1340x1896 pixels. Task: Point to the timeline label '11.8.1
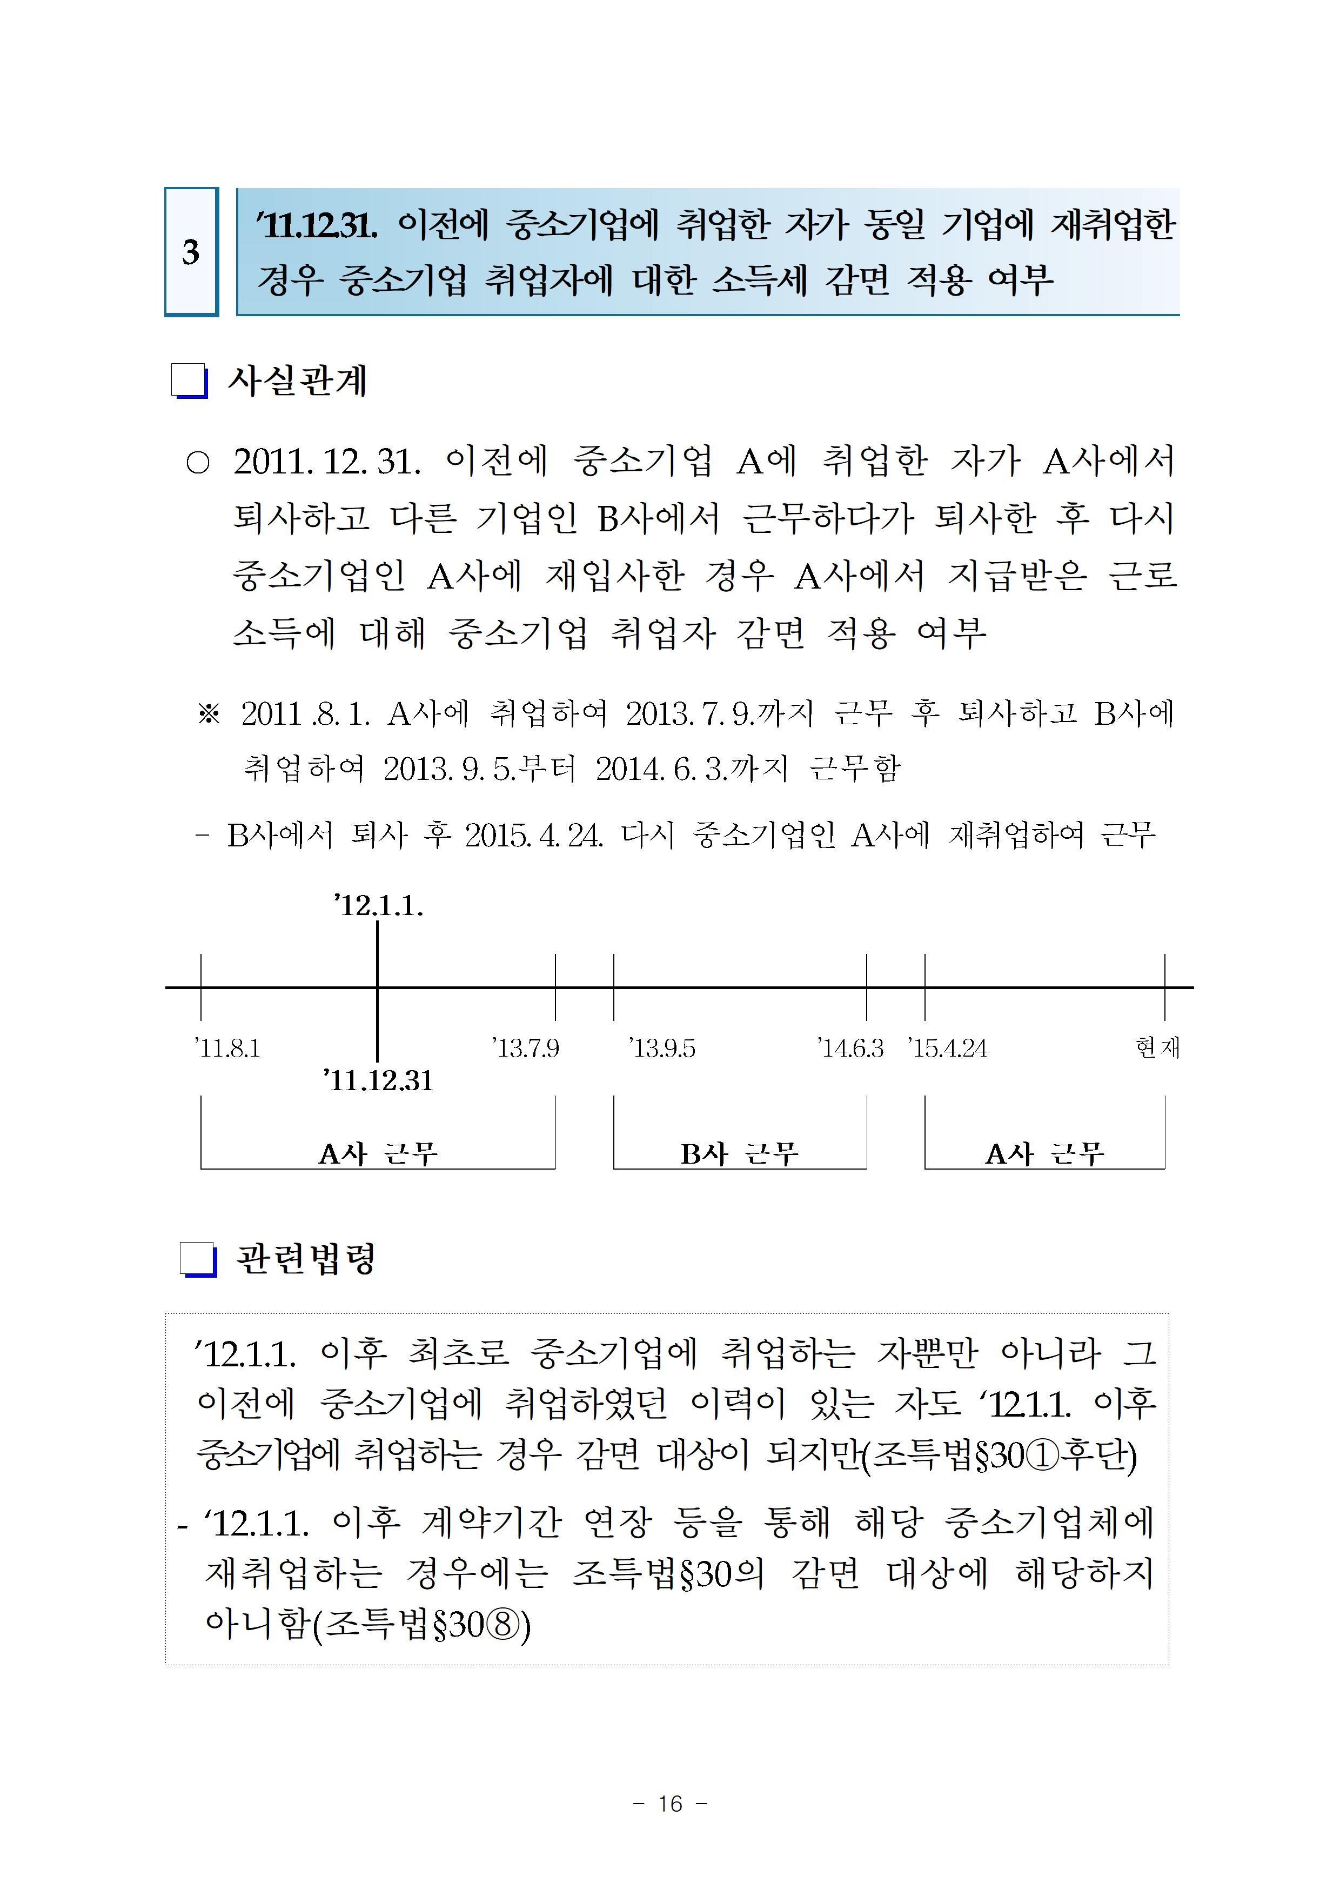[227, 1049]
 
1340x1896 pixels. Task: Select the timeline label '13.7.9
[525, 1049]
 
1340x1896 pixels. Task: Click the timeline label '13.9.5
[661, 1049]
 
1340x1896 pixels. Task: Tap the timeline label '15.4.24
[947, 1049]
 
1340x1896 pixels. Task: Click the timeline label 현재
[1157, 1048]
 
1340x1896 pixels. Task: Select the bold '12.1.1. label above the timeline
[378, 906]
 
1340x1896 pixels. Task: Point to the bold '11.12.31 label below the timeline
[378, 1080]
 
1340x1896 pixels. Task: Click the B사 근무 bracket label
[739, 1153]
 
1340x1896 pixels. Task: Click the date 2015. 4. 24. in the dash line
[533, 836]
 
